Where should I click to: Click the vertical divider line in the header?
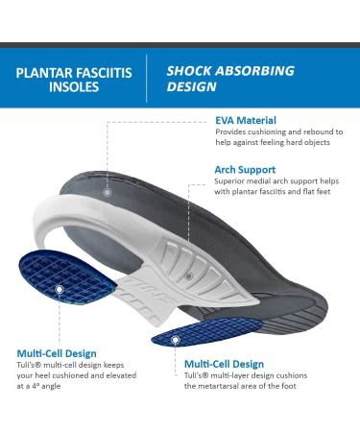146,79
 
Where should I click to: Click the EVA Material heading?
246,120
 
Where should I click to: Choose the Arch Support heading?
246,170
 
